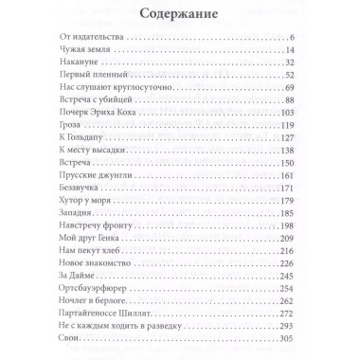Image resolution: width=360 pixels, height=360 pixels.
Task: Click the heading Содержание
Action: tap(179, 16)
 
